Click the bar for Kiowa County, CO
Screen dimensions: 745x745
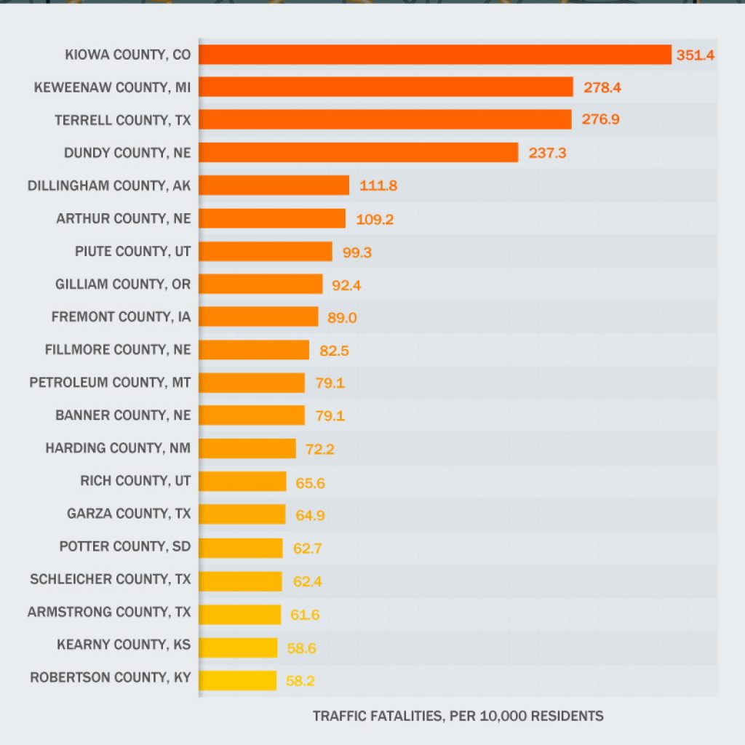click(x=434, y=55)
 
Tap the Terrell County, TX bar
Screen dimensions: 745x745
click(x=385, y=119)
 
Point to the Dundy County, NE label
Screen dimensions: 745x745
click(x=127, y=153)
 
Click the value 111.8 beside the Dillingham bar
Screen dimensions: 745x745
click(x=378, y=186)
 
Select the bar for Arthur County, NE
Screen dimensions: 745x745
click(x=272, y=218)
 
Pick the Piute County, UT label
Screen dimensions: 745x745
click(x=132, y=251)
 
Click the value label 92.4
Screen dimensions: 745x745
click(x=346, y=284)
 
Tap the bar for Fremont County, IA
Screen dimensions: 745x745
click(x=258, y=316)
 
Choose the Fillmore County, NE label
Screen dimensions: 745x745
click(x=117, y=350)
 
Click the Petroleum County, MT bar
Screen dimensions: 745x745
click(x=252, y=383)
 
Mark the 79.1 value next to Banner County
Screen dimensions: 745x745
click(x=330, y=416)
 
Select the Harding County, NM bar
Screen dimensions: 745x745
click(x=247, y=448)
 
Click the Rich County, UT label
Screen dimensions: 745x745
click(x=135, y=481)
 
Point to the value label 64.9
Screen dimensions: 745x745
click(x=310, y=514)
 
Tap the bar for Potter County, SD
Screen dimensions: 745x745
click(x=241, y=547)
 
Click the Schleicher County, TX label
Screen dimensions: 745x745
click(x=110, y=579)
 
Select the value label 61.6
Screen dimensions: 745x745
click(x=305, y=615)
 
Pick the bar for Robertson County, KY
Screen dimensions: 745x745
click(x=238, y=680)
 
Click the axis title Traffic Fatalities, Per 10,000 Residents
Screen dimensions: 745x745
click(x=458, y=716)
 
